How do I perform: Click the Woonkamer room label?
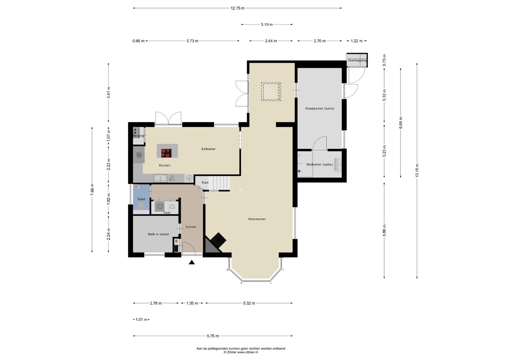(257, 219)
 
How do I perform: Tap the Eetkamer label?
(209, 149)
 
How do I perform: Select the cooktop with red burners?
(166, 153)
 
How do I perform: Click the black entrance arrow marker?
(192, 262)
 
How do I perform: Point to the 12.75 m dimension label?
(238, 8)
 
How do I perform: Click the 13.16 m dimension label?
(417, 170)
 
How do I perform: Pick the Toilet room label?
(141, 199)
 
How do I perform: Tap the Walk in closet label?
(158, 234)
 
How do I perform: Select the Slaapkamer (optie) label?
(320, 109)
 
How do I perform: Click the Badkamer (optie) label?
(320, 164)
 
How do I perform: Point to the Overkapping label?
(357, 60)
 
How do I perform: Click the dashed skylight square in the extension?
(271, 92)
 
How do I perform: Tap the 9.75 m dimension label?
(213, 336)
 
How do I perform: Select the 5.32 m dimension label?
(249, 303)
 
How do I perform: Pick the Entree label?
(191, 227)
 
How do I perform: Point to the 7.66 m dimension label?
(92, 190)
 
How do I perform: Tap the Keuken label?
(164, 165)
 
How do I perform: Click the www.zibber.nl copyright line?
(241, 352)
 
